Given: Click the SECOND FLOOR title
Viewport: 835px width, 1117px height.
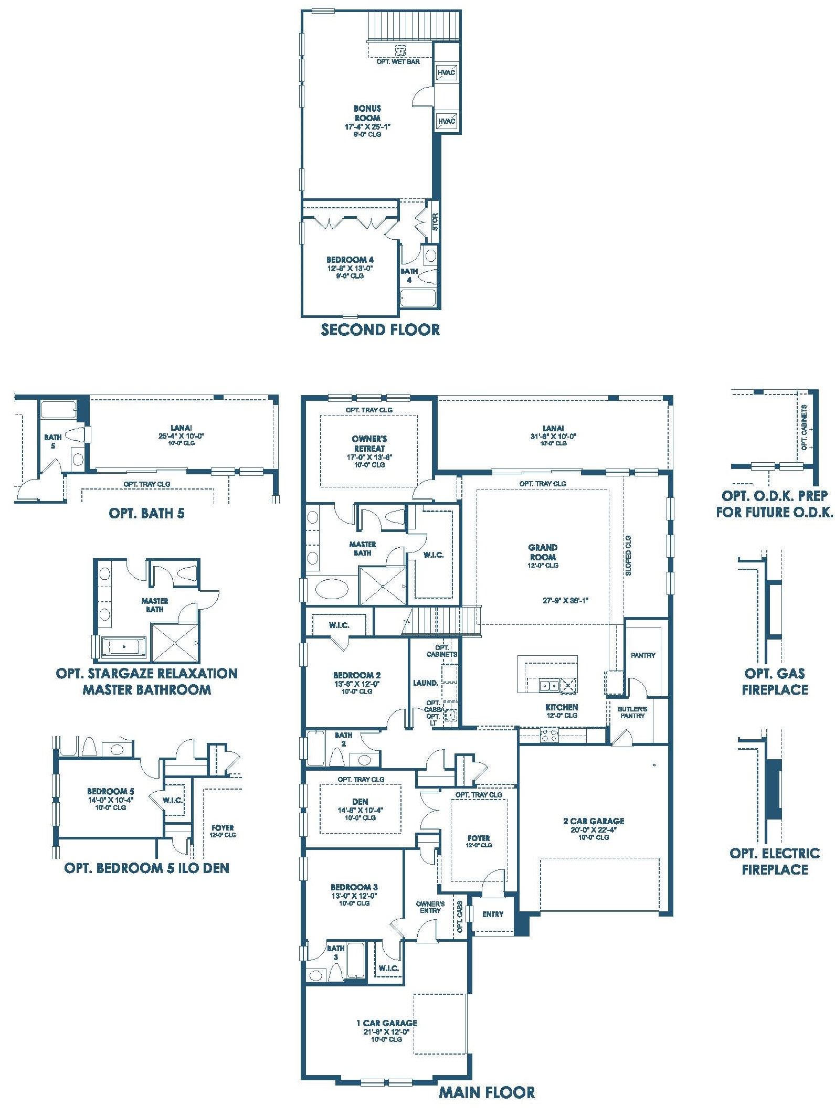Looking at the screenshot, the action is click(380, 329).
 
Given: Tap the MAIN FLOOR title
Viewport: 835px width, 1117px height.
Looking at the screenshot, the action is click(487, 1093).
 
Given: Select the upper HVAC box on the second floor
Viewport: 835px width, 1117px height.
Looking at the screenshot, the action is click(447, 72).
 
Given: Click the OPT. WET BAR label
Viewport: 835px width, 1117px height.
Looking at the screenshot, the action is click(398, 62).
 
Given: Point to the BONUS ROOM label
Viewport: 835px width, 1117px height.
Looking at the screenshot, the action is click(367, 113).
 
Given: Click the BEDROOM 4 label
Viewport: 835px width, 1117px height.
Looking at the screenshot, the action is click(350, 260).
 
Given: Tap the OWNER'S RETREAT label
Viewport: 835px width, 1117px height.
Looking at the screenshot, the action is click(369, 443).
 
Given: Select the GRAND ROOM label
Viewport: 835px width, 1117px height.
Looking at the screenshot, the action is click(543, 552).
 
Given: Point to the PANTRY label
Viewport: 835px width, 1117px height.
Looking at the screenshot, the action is click(643, 655).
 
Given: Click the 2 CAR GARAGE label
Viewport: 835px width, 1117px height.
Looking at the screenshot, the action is click(594, 821).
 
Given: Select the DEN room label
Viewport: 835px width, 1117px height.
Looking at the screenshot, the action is click(360, 802).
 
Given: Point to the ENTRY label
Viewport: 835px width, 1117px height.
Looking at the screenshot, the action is click(493, 914).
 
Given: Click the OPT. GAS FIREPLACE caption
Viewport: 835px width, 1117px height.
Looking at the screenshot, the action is click(775, 682).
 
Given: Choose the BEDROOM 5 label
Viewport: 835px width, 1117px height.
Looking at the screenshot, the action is click(111, 791).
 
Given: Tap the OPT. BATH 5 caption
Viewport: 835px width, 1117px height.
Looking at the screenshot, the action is click(146, 513).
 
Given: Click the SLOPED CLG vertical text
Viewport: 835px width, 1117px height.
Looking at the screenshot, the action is click(628, 556).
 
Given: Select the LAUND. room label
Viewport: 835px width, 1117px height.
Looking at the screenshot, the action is click(426, 683).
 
